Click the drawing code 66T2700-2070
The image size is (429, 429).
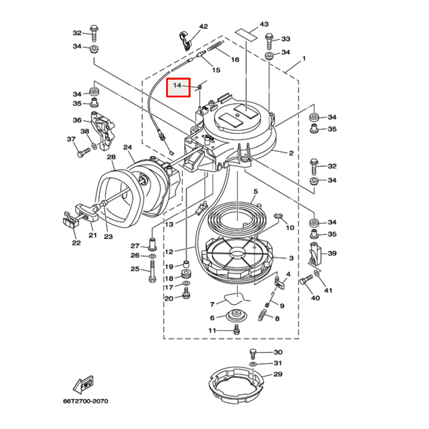pos(85,402)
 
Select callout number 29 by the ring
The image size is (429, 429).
pos(278,375)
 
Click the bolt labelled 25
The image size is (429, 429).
pos(152,275)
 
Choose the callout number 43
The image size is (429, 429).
pos(264,24)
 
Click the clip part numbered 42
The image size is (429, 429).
pos(185,40)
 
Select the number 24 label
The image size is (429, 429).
pos(127,148)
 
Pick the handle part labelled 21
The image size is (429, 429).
pos(86,212)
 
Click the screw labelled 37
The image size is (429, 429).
pos(83,151)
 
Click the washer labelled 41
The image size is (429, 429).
pos(317,273)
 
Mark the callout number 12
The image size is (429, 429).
pos(169,252)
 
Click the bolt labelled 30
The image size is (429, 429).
pos(253,353)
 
